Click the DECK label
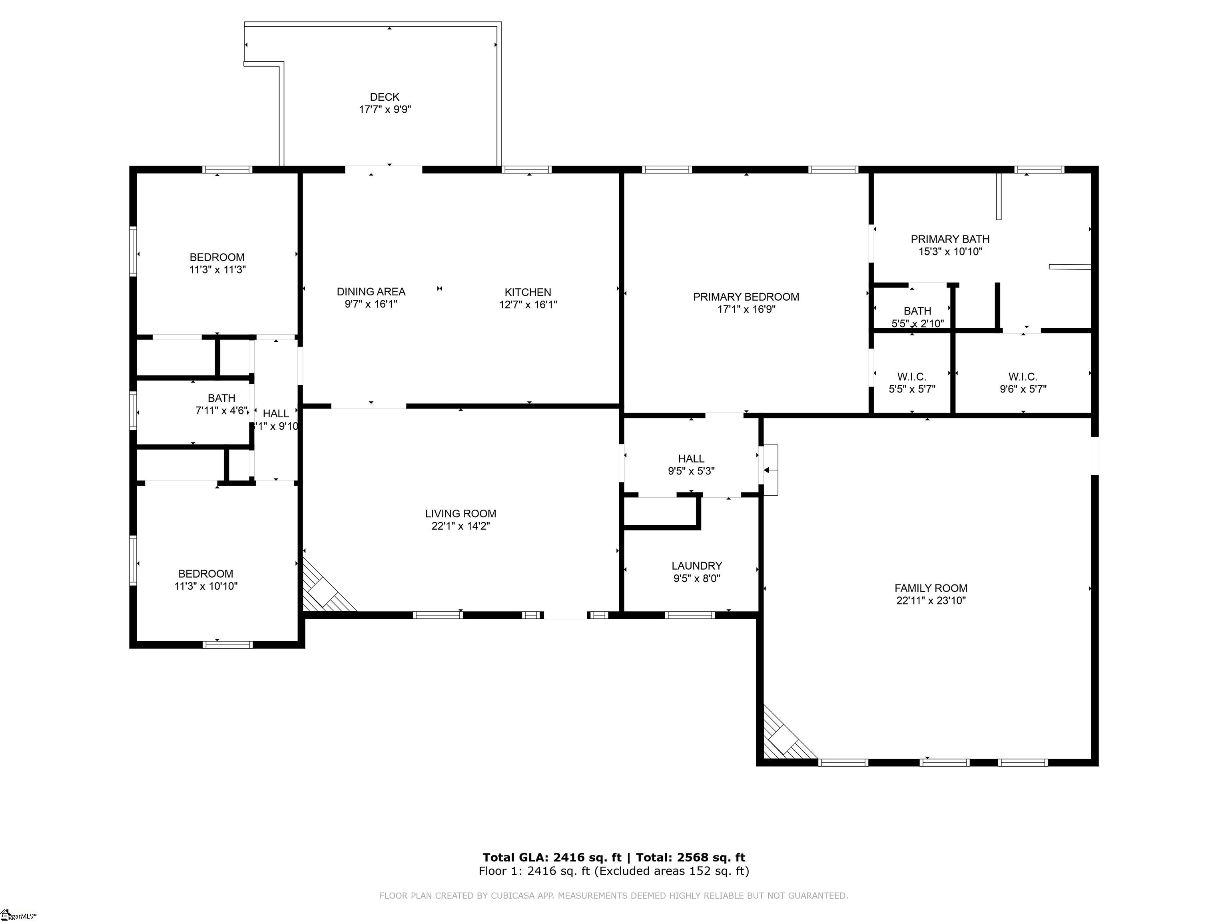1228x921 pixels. [384, 97]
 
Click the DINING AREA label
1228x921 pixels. [371, 291]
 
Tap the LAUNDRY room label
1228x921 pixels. [696, 566]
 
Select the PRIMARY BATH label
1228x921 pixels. [949, 239]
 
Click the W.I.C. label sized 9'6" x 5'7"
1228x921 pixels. [1023, 377]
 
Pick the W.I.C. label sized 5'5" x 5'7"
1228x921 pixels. [911, 377]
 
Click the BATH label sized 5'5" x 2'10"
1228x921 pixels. [917, 311]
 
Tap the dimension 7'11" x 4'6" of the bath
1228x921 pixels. [221, 411]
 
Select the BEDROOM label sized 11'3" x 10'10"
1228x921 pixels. [205, 574]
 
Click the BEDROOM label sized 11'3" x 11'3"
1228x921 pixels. [217, 257]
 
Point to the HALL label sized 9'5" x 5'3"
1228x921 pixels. [691, 459]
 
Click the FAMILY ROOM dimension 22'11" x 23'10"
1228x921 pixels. [931, 600]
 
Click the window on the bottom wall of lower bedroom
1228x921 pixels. [227, 644]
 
